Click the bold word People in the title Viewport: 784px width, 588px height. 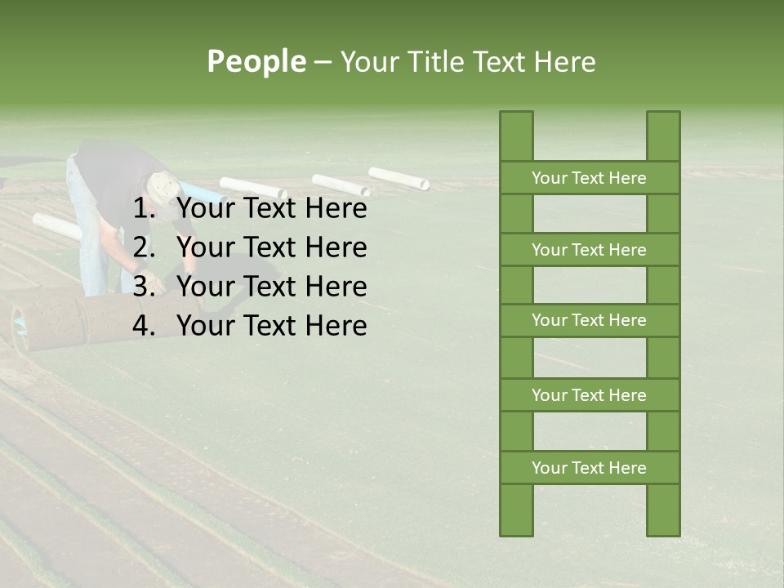click(x=256, y=61)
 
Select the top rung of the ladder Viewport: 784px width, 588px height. click(x=589, y=178)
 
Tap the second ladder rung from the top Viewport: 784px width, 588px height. click(x=589, y=250)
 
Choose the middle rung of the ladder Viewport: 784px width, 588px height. click(x=589, y=321)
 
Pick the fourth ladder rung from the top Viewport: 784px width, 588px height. click(x=589, y=395)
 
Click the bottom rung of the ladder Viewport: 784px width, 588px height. click(x=589, y=468)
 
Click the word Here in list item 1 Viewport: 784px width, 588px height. click(x=336, y=209)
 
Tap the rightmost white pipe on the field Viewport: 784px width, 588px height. click(x=399, y=178)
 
